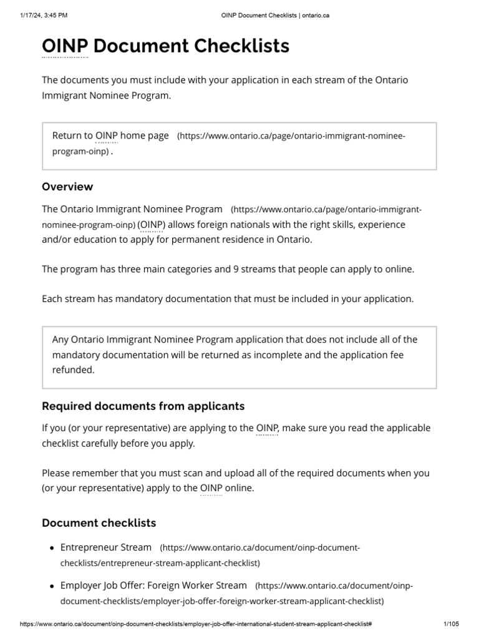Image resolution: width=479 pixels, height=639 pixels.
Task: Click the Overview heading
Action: (67, 187)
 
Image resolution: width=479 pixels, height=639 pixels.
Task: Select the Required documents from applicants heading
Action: (143, 406)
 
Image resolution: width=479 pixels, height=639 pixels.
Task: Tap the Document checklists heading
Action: (99, 522)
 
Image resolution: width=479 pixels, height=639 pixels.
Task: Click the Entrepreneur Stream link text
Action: (105, 547)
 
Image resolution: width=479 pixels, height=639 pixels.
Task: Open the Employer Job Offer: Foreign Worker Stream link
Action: (153, 585)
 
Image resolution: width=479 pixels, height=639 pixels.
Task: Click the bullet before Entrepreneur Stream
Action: (51, 548)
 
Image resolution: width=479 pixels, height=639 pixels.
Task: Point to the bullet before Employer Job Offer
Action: (51, 586)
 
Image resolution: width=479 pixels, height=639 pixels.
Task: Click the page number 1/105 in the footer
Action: (450, 624)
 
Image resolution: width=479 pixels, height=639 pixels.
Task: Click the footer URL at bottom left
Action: (196, 624)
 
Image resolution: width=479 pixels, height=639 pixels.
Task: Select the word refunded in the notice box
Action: (73, 369)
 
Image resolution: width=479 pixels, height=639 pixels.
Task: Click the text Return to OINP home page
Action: (110, 135)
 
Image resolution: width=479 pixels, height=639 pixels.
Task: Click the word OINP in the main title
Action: (65, 46)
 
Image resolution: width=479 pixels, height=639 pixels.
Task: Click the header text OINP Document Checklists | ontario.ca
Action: (275, 16)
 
